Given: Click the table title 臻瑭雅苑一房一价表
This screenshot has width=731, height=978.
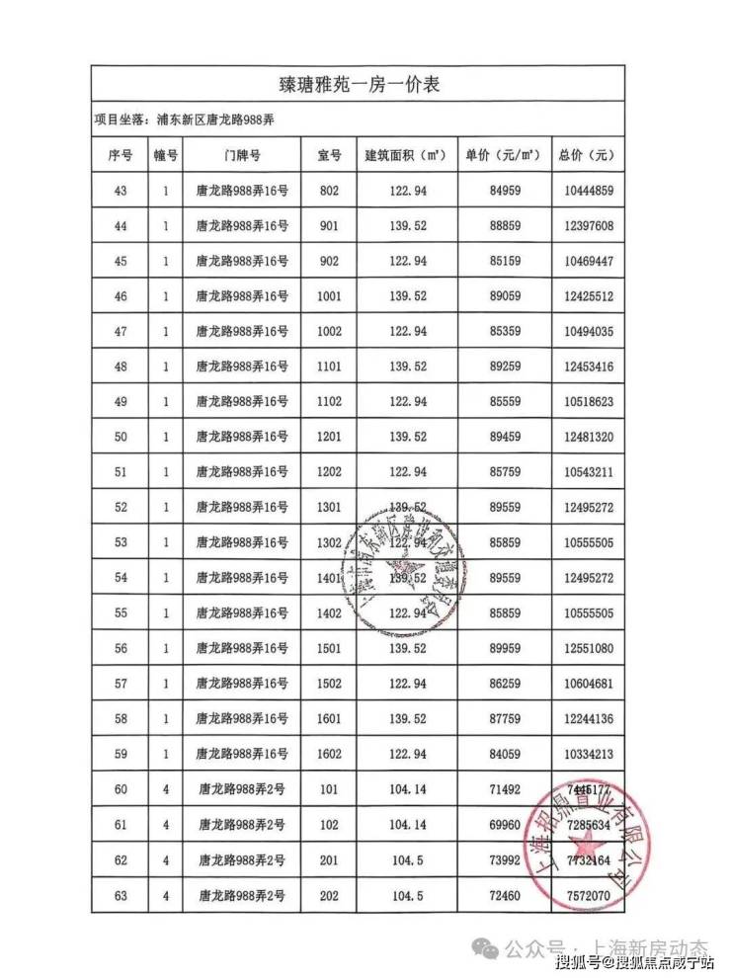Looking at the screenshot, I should tap(357, 85).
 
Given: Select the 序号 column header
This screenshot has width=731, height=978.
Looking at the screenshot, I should tap(119, 155).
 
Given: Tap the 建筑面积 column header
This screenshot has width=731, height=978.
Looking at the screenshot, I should tap(407, 155).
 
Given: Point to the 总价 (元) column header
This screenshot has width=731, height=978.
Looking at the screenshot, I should tap(586, 155).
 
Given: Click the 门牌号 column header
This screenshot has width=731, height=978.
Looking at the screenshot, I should tap(242, 155).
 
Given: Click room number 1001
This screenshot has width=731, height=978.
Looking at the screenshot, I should tap(329, 296).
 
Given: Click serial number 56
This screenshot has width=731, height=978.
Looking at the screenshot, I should tap(122, 648).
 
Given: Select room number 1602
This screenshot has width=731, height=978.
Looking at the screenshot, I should tap(329, 754).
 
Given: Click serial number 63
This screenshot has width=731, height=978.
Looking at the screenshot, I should tap(122, 895).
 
